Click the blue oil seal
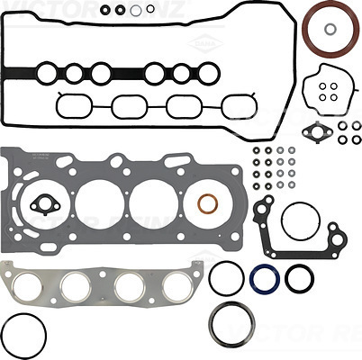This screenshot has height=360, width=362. [x=264, y=277]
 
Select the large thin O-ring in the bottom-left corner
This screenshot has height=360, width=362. [x=22, y=335]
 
